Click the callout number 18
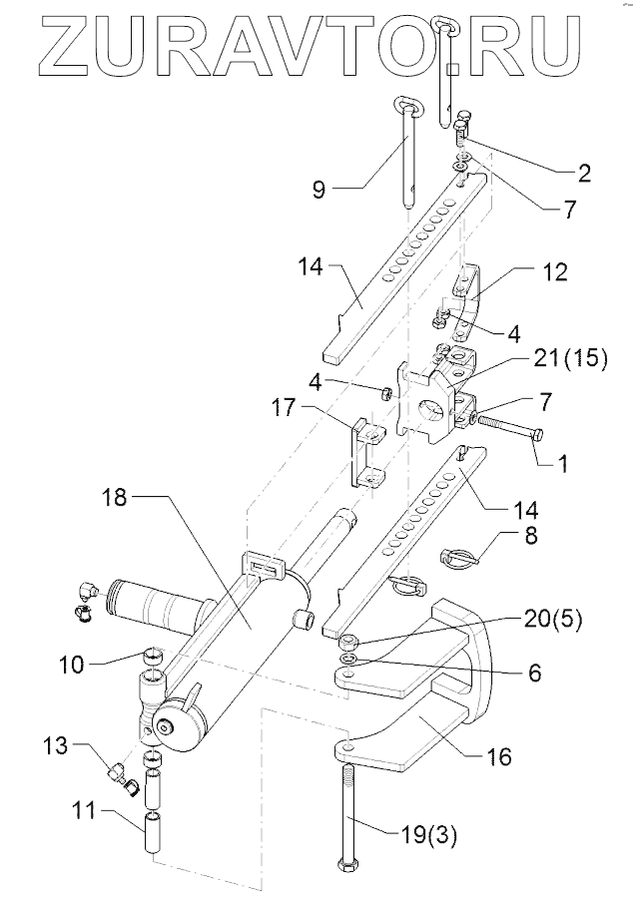click(x=114, y=497)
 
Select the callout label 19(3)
click(x=429, y=836)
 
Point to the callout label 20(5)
click(x=551, y=620)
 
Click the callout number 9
click(x=318, y=190)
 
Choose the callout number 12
click(x=555, y=272)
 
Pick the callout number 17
click(x=285, y=407)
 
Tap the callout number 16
click(x=499, y=757)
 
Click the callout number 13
click(x=56, y=744)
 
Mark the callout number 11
click(x=84, y=810)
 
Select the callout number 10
click(x=72, y=665)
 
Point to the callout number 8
click(x=531, y=536)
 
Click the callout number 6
click(x=535, y=673)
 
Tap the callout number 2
click(x=584, y=173)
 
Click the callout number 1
click(x=562, y=463)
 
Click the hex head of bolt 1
click(x=539, y=434)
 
